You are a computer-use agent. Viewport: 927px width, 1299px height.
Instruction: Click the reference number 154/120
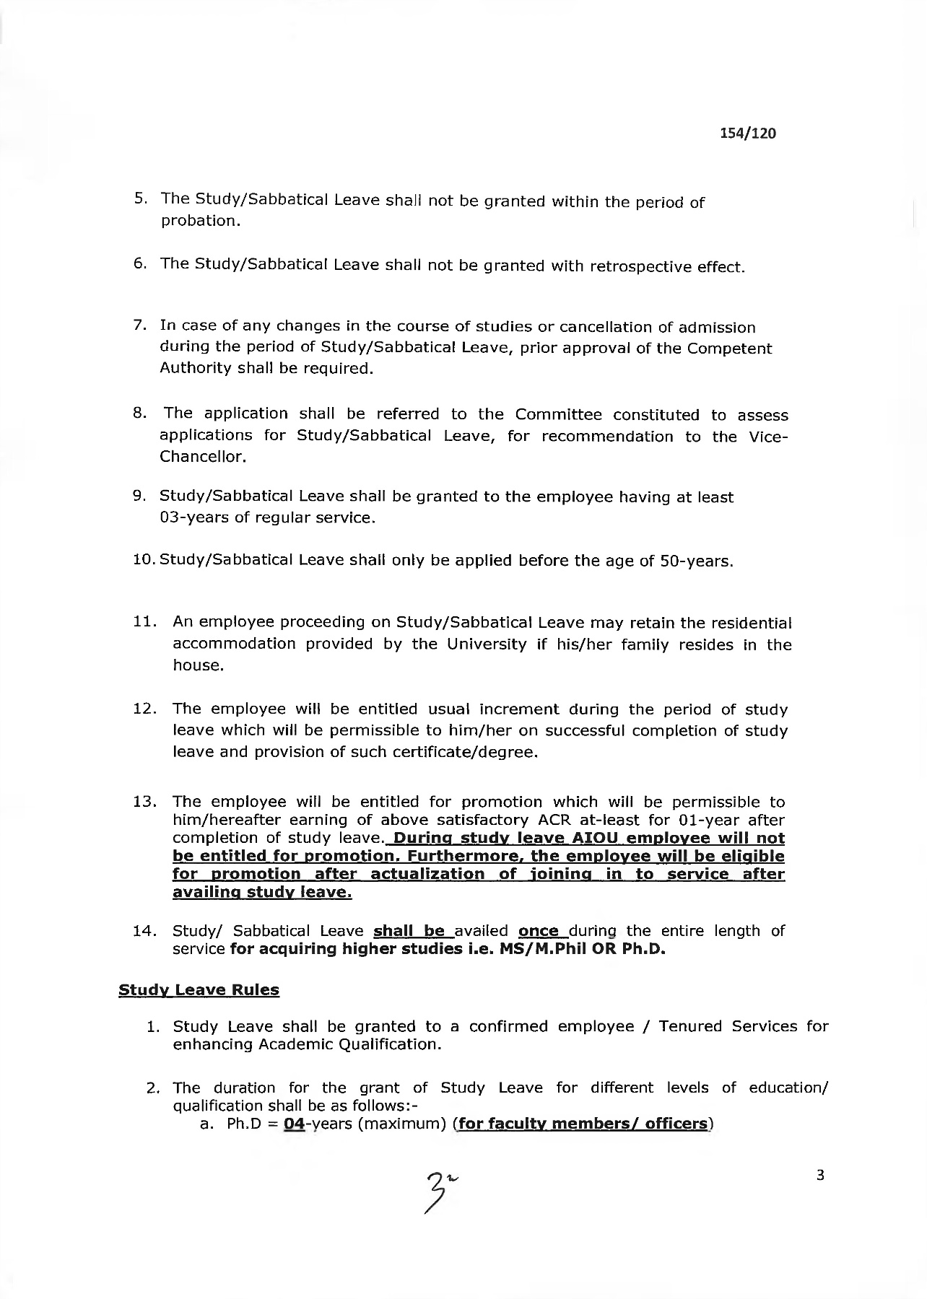click(x=747, y=134)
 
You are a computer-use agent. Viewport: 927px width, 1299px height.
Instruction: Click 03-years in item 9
click(x=193, y=519)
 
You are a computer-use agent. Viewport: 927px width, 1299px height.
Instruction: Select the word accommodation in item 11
click(x=234, y=644)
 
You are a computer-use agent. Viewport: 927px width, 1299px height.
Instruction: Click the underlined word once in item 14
click(x=539, y=931)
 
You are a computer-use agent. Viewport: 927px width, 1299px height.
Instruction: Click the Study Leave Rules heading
click(x=199, y=990)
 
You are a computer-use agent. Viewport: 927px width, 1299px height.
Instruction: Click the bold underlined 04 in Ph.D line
click(x=294, y=1124)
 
